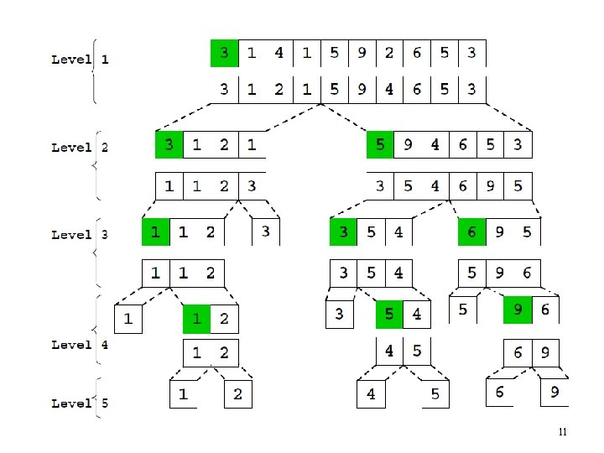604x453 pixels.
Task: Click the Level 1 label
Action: [x=80, y=60]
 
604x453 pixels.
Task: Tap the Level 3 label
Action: [x=80, y=235]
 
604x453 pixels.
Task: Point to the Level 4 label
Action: [x=80, y=344]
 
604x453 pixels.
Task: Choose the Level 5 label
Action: [x=80, y=404]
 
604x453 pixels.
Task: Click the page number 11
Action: [x=563, y=432]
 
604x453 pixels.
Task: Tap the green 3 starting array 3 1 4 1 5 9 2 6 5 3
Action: [x=224, y=54]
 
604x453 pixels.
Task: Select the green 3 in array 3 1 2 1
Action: [x=169, y=144]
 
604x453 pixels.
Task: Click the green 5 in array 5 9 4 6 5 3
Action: [x=381, y=144]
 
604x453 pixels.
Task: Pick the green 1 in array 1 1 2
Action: [x=155, y=231]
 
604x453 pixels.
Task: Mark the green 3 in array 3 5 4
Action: [x=344, y=231]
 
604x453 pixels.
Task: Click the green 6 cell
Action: [x=471, y=231]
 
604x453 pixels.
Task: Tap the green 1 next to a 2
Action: [x=197, y=319]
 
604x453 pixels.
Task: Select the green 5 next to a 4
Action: [x=388, y=315]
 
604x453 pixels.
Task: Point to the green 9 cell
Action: [x=518, y=310]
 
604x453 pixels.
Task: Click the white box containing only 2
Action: [x=237, y=393]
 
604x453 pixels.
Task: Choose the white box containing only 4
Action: [x=370, y=393]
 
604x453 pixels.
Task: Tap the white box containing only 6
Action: [x=500, y=391]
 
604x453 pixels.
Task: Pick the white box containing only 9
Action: [x=555, y=391]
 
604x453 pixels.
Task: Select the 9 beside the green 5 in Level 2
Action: [x=408, y=144]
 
